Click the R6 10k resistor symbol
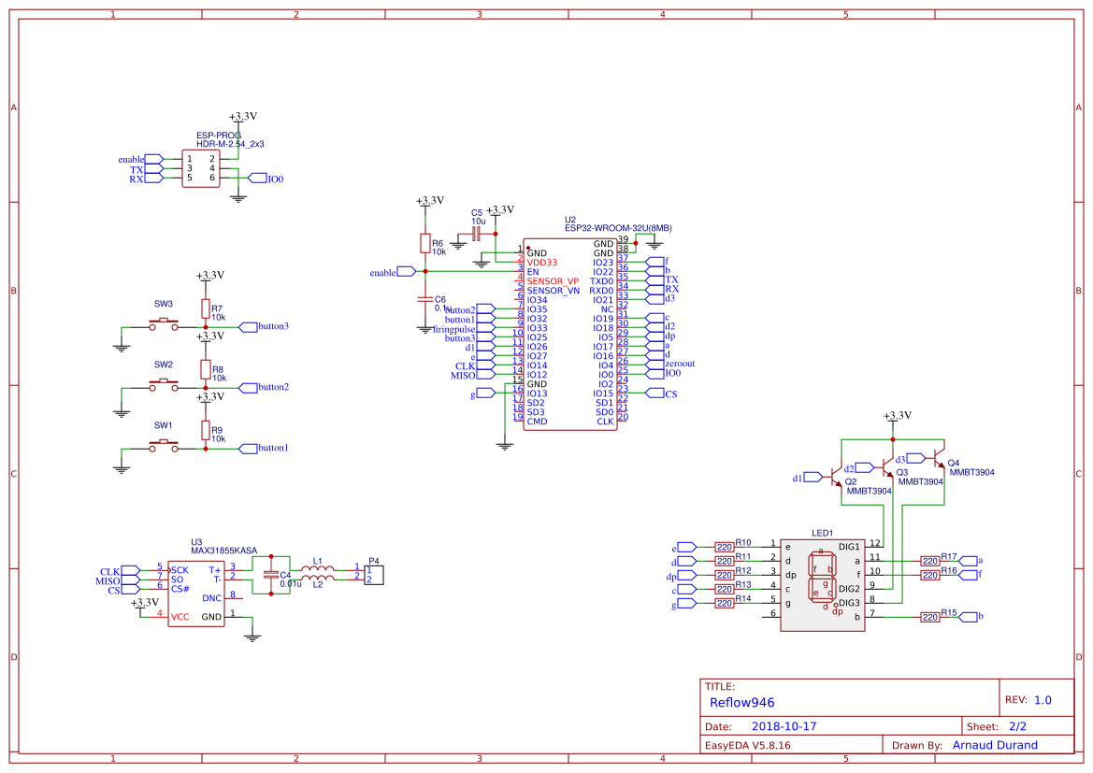point(424,244)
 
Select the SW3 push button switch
point(165,323)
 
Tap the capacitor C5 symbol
point(476,234)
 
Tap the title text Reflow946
point(741,702)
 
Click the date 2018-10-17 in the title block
point(784,726)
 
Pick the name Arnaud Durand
point(995,745)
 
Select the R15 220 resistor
point(929,617)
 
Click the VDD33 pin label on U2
point(542,263)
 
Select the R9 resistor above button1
point(206,430)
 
